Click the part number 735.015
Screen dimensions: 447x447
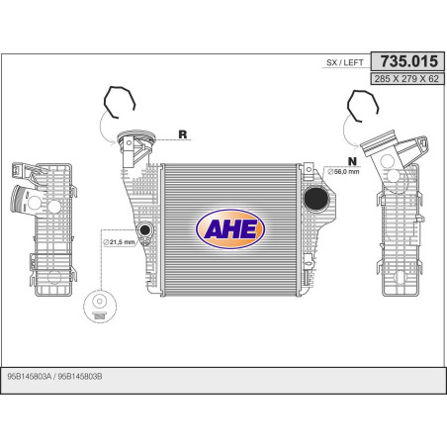point(409,61)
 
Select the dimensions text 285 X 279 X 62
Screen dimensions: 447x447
point(406,79)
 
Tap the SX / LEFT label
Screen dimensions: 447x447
point(345,62)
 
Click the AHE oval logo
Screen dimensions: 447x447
point(230,228)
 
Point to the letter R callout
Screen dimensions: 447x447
point(183,134)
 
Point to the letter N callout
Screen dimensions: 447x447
point(352,161)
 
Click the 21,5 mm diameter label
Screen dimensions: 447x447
point(119,242)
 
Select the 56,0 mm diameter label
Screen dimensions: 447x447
point(343,171)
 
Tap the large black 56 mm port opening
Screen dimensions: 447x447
point(316,198)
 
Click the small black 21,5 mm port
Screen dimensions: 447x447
point(144,229)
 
